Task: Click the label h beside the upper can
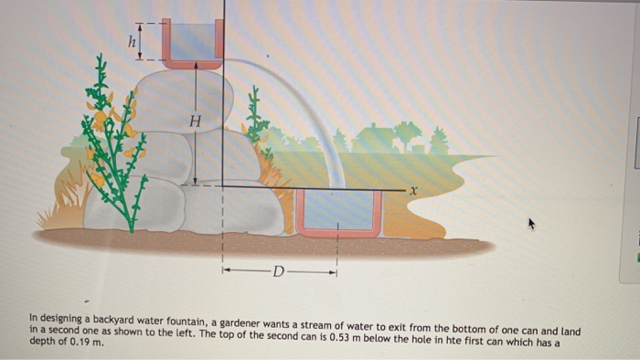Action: (x=131, y=40)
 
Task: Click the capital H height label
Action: (x=193, y=120)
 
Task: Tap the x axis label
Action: (x=413, y=190)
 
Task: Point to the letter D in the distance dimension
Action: (x=279, y=270)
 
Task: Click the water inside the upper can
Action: (x=192, y=41)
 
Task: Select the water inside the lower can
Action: (x=337, y=209)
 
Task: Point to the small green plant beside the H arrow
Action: (x=257, y=119)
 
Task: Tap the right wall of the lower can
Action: (x=378, y=213)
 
